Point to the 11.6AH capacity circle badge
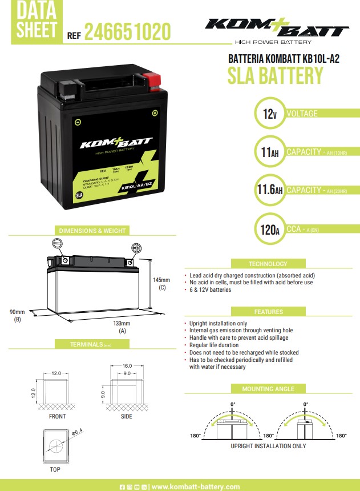pos(270,190)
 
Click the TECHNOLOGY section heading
pos(268,264)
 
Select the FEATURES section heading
pos(268,312)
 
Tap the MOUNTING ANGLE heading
pos(268,389)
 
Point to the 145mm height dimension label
pos(162,280)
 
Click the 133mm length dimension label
pos(122,324)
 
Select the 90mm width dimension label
pos(17,312)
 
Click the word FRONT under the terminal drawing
pos(57,416)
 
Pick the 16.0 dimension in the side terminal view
pos(127,365)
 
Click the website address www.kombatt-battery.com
pos(196,486)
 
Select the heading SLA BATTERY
pos(275,76)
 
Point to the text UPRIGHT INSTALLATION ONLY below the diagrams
pos(268,446)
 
